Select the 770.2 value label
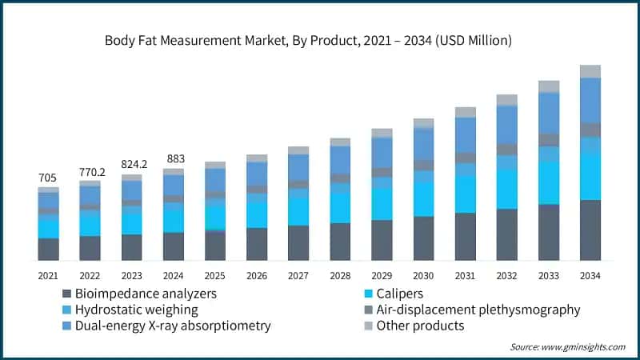coord(90,171)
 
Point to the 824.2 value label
coord(131,165)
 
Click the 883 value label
coord(173,158)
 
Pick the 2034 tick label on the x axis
coord(590,275)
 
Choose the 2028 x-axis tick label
coord(340,275)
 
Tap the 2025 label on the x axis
coord(214,275)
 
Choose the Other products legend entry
coord(416,326)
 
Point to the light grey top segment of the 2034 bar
coord(590,71)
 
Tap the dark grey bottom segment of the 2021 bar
coord(48,249)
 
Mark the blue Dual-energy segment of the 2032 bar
coord(507,125)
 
